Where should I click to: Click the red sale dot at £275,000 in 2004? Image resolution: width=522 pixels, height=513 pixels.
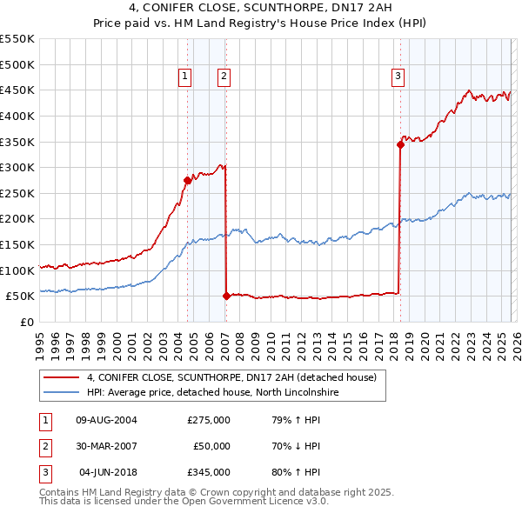187,181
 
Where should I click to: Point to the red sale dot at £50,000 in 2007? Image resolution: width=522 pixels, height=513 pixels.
226,296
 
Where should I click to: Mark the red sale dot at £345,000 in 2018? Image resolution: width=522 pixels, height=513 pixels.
400,144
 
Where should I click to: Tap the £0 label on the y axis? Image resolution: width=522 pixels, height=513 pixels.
26,322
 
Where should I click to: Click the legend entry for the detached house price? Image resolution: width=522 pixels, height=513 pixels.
231,377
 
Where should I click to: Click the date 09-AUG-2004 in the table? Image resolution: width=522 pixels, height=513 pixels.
107,420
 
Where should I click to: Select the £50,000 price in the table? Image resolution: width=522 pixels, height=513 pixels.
211,446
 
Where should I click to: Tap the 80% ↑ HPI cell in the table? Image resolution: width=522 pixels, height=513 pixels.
297,472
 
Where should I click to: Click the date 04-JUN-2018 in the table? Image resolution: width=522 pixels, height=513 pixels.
108,472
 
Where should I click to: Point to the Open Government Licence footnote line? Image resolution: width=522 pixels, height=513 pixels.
184,502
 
